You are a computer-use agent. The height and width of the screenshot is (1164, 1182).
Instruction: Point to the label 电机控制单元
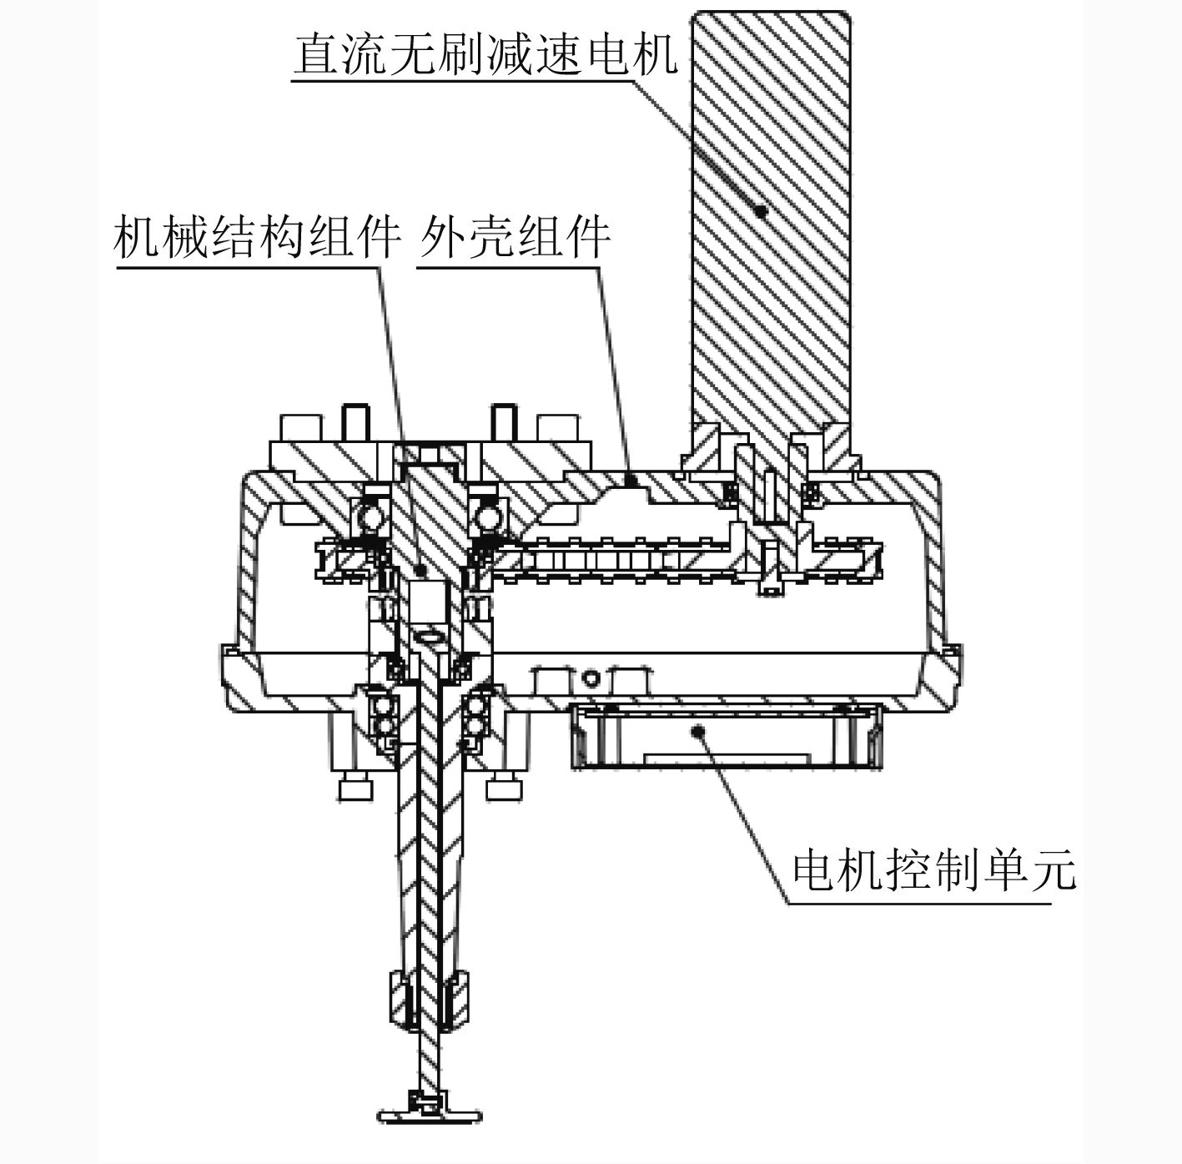(x=933, y=871)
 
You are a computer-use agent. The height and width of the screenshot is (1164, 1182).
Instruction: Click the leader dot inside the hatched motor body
(x=760, y=211)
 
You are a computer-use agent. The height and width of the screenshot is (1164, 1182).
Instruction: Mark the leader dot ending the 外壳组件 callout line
(x=632, y=480)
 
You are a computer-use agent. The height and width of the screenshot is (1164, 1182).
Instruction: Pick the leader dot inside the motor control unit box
(x=699, y=730)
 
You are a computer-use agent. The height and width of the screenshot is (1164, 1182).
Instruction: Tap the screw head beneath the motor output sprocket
(x=771, y=588)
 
